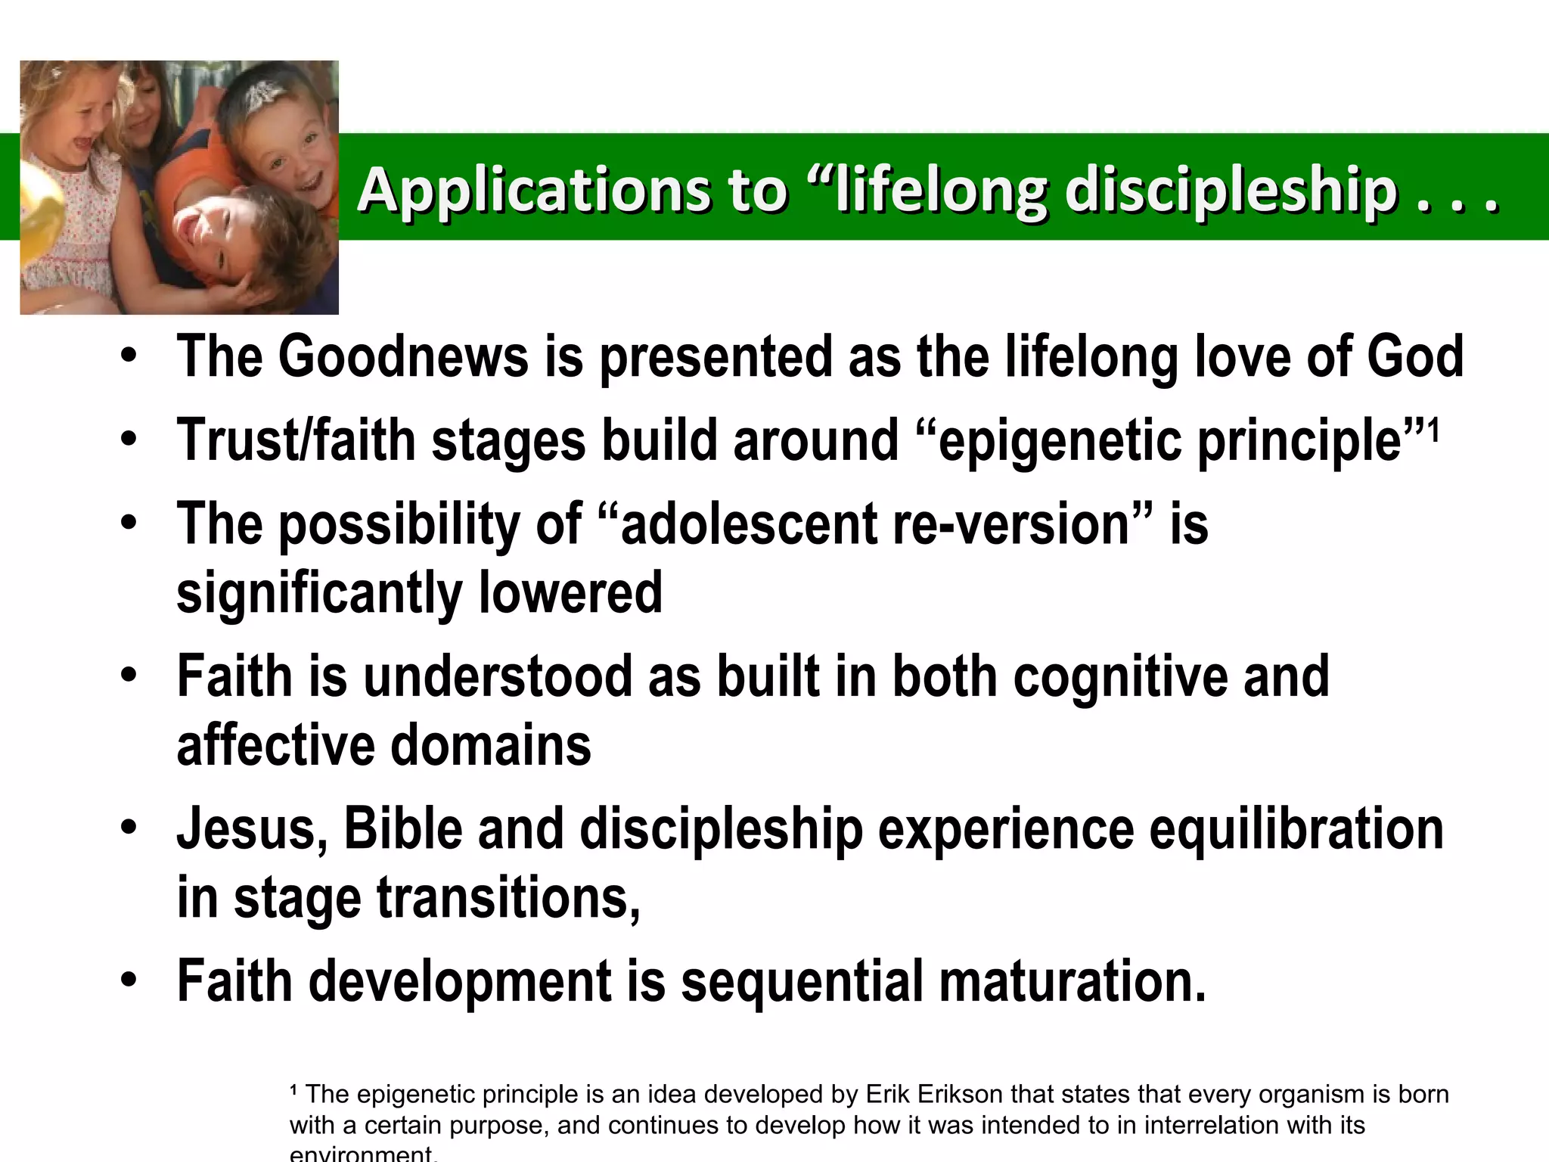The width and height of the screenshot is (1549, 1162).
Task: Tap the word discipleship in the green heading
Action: [x=1231, y=191]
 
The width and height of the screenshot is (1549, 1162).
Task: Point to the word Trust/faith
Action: [x=296, y=441]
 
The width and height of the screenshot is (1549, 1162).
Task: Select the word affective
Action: [x=275, y=746]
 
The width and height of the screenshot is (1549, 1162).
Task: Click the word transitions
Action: [x=508, y=899]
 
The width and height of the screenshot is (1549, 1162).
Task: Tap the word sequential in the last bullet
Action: [x=802, y=982]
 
